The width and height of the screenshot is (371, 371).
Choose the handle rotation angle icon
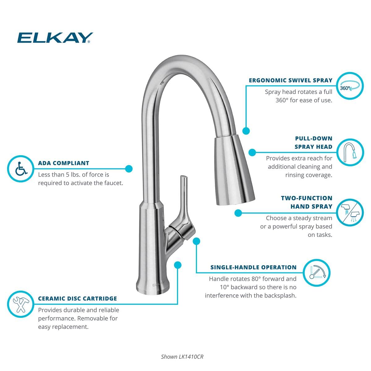click(x=316, y=273)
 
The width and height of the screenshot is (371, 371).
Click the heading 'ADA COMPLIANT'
click(x=64, y=163)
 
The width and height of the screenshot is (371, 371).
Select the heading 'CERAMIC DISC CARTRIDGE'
click(x=78, y=299)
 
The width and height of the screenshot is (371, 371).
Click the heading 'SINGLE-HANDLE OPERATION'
click(x=254, y=267)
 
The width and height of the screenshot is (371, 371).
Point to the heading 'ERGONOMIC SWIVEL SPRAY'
click(x=291, y=80)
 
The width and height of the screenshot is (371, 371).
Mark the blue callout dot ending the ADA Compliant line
click(x=129, y=168)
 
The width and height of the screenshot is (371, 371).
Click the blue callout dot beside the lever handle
click(x=196, y=241)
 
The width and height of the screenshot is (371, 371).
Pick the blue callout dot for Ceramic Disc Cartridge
click(x=177, y=265)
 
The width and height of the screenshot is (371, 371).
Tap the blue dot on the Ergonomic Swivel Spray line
click(x=246, y=131)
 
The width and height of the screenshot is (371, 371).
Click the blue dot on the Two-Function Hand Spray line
click(x=238, y=213)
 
